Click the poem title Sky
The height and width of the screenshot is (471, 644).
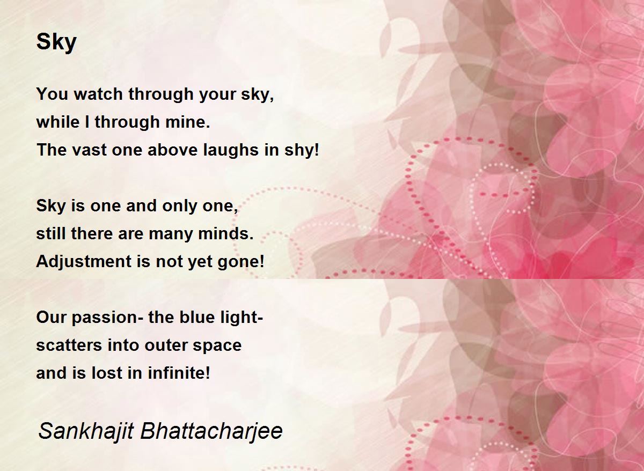point(56,42)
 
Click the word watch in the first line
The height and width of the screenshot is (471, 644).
point(98,94)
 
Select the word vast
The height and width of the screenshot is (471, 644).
point(89,150)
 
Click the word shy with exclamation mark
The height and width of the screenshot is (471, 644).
point(302,150)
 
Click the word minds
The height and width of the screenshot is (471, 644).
point(226,233)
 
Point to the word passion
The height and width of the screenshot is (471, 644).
point(107,318)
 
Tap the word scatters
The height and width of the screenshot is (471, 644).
point(69,345)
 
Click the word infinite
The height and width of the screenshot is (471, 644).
point(179,373)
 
